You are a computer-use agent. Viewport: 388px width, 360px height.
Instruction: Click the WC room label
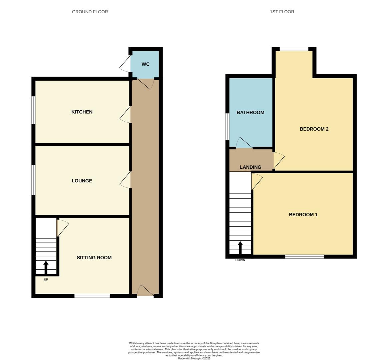pyautogui.click(x=145, y=64)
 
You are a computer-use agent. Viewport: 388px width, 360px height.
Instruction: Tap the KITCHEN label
pyautogui.click(x=82, y=112)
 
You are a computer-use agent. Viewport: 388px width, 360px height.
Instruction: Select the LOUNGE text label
pyautogui.click(x=82, y=181)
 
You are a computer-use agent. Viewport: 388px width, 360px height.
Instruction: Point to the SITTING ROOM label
pyautogui.click(x=94, y=258)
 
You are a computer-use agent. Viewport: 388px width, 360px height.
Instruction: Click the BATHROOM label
pyautogui.click(x=250, y=113)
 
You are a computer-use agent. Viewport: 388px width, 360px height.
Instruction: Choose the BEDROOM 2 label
pyautogui.click(x=314, y=129)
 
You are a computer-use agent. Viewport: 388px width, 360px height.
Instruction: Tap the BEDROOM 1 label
pyautogui.click(x=303, y=215)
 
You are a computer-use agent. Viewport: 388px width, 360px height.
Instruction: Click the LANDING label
pyautogui.click(x=250, y=167)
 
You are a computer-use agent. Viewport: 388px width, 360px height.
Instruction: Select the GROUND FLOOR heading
pyautogui.click(x=90, y=12)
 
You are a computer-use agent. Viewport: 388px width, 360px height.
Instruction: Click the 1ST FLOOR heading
pyautogui.click(x=282, y=12)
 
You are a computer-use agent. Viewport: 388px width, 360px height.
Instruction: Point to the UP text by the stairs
pyautogui.click(x=46, y=280)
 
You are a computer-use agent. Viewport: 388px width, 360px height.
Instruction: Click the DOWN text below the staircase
pyautogui.click(x=240, y=260)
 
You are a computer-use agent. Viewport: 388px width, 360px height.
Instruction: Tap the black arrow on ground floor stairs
pyautogui.click(x=46, y=267)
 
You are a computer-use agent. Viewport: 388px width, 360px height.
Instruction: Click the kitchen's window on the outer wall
pyautogui.click(x=33, y=110)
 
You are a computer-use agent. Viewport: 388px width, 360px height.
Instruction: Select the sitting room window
pyautogui.click(x=92, y=296)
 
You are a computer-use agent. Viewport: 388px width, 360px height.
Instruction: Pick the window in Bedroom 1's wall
pyautogui.click(x=305, y=256)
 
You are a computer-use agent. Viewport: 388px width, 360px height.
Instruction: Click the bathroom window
pyautogui.click(x=227, y=127)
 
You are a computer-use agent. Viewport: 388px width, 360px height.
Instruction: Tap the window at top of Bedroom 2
pyautogui.click(x=294, y=49)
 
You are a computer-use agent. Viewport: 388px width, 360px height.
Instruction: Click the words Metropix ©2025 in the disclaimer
pyautogui.click(x=201, y=359)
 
